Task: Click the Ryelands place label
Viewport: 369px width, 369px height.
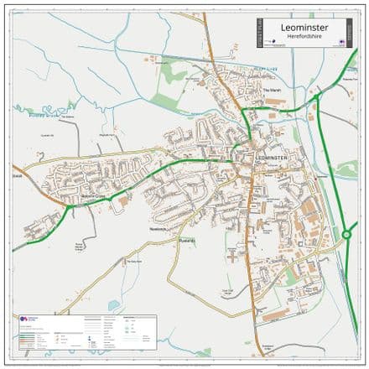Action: point(185,241)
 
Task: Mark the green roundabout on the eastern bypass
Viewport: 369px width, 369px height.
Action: point(346,236)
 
